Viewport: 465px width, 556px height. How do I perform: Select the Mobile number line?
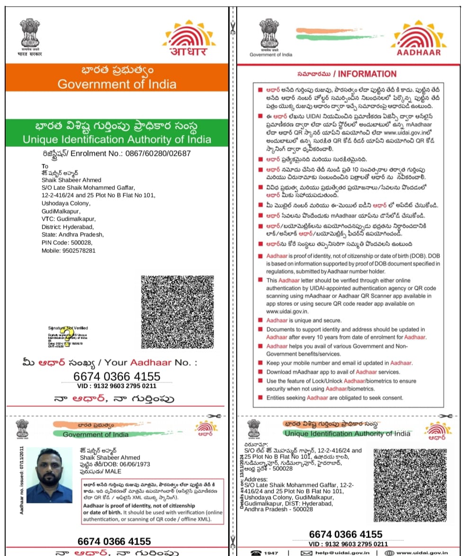tap(68, 251)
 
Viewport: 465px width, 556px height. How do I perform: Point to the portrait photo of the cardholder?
tap(49, 474)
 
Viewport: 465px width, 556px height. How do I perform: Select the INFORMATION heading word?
tap(367, 74)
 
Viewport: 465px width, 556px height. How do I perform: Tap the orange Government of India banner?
tap(117, 78)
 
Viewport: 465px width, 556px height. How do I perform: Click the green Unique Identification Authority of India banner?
tap(117, 133)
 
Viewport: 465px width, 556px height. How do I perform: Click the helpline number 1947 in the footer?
tap(271, 553)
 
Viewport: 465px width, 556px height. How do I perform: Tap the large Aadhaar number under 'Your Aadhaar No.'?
tap(117, 377)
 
